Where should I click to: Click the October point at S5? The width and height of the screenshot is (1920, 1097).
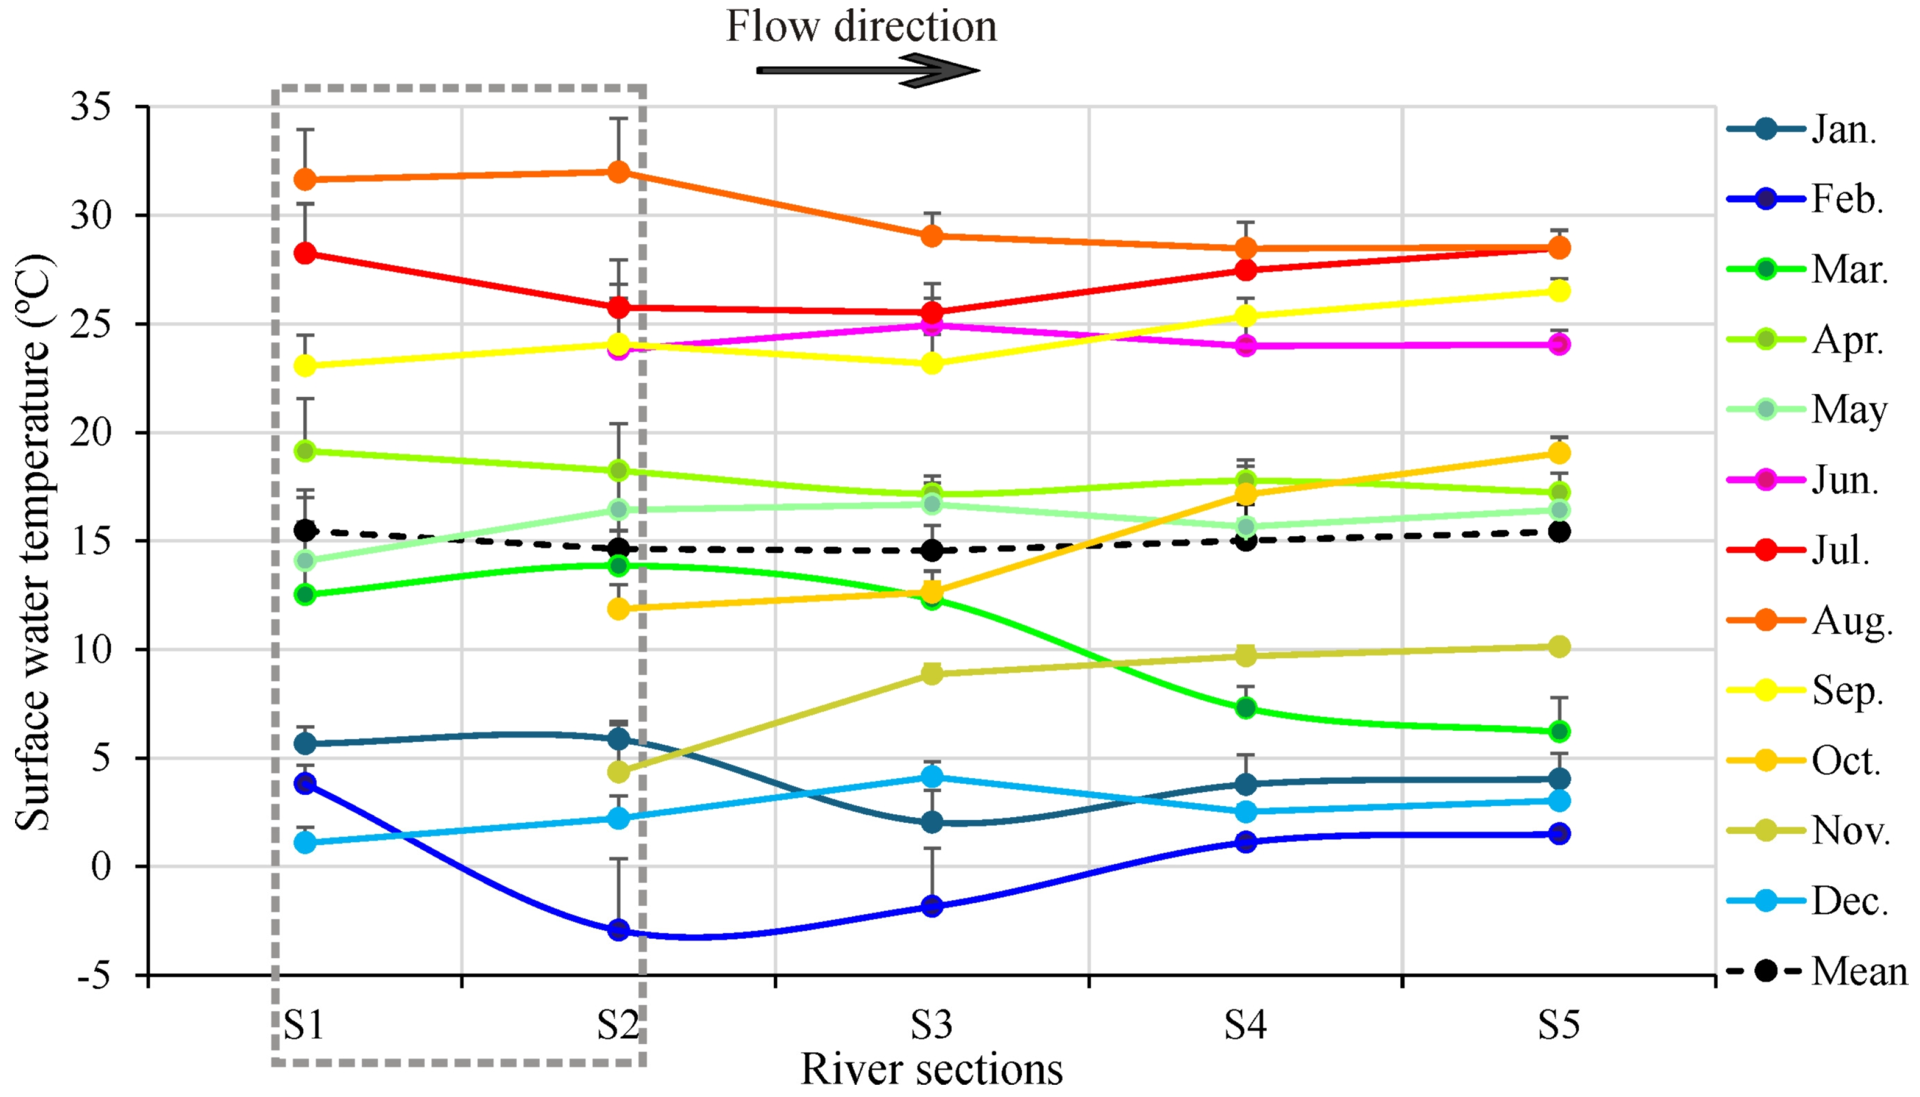(x=1558, y=453)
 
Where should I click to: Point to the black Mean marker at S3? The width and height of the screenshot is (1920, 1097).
(x=932, y=550)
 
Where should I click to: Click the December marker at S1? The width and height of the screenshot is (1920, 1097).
(x=305, y=842)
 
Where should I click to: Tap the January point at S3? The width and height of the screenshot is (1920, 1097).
(x=932, y=822)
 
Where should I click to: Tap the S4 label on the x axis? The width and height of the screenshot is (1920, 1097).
(x=1245, y=1024)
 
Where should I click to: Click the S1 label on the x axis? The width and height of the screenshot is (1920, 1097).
(x=304, y=1024)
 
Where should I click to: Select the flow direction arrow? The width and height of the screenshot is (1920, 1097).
(x=866, y=70)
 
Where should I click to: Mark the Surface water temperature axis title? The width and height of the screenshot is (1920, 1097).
(x=34, y=542)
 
